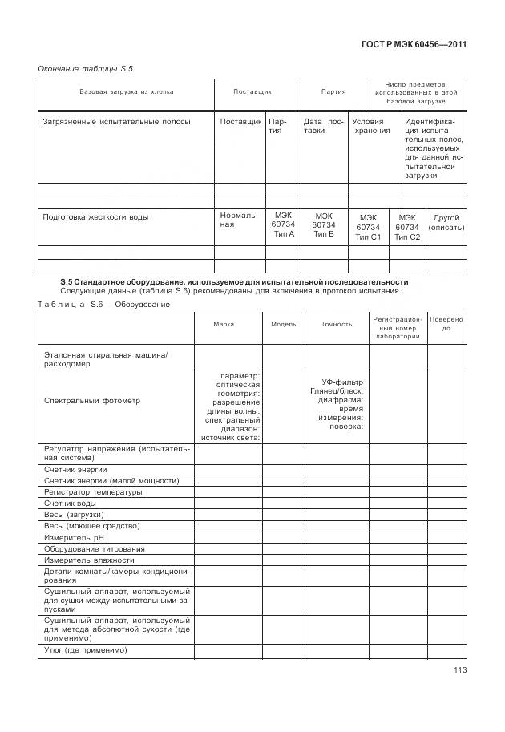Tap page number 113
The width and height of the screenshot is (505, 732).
(459, 670)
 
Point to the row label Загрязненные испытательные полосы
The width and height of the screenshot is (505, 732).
(116, 121)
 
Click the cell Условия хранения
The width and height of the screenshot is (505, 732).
(372, 126)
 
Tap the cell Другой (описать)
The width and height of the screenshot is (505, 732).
(446, 222)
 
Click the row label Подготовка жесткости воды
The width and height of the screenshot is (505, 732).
(96, 217)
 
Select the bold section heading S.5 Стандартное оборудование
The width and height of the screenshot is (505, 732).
(234, 282)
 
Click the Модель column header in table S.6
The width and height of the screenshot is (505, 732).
(284, 325)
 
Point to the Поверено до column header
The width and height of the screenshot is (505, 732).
(446, 324)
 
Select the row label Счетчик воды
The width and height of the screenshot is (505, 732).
(71, 503)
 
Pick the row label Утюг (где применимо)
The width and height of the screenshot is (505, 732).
(86, 650)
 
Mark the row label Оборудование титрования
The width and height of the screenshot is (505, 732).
(95, 548)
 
